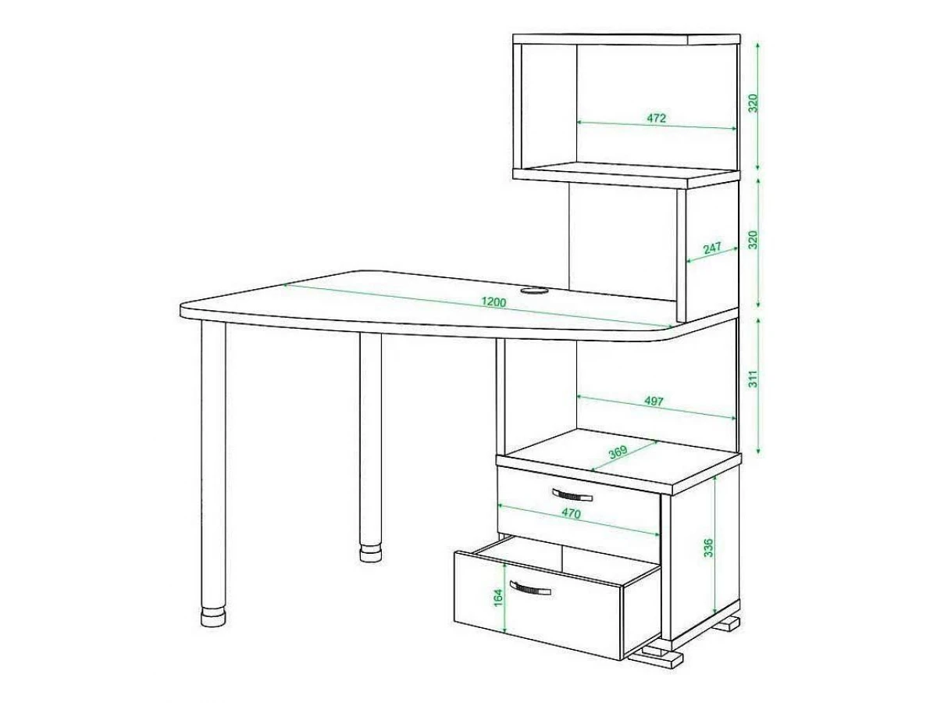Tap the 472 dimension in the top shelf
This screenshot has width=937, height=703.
pyautogui.click(x=656, y=118)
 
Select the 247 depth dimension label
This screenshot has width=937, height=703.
pyautogui.click(x=711, y=248)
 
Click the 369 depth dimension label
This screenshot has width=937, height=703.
pyautogui.click(x=618, y=452)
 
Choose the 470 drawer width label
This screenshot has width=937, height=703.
pyautogui.click(x=571, y=513)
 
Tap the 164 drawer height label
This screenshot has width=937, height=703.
pyautogui.click(x=497, y=598)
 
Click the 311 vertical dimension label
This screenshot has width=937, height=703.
pyautogui.click(x=753, y=379)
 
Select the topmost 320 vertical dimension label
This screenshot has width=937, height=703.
pyautogui.click(x=753, y=103)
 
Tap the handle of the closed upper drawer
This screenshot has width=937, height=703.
pyautogui.click(x=572, y=495)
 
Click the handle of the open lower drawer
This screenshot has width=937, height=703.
pyautogui.click(x=529, y=588)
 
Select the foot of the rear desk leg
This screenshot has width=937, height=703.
pyautogui.click(x=370, y=553)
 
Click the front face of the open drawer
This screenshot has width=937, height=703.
pyautogui.click(x=539, y=605)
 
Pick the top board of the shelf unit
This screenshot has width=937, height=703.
pyautogui.click(x=626, y=39)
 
